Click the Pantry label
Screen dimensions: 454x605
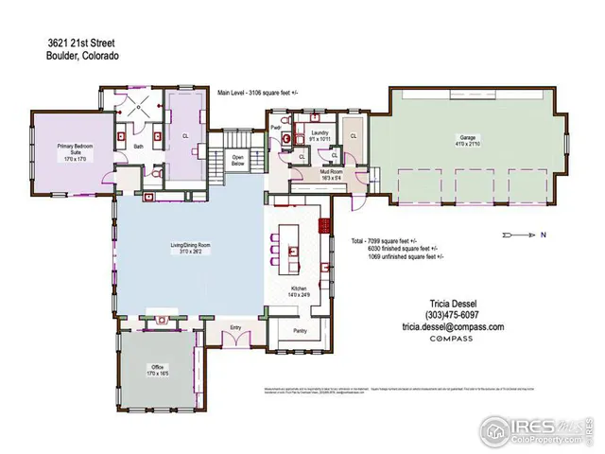[300, 331]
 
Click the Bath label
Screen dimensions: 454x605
[137, 147]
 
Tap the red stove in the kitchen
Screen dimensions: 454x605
[323, 226]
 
